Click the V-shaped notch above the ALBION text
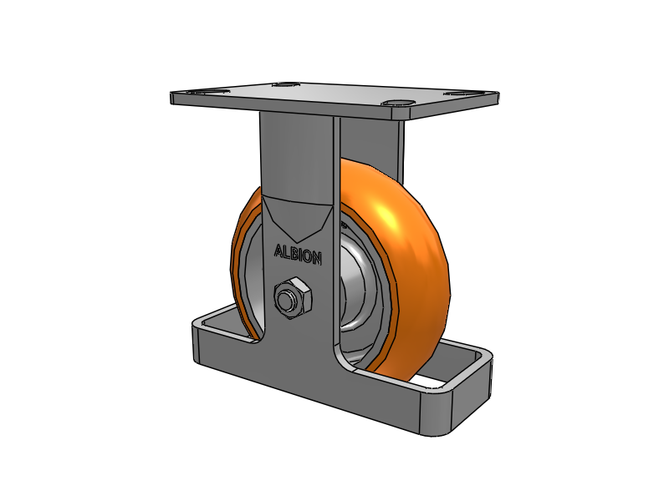(x=298, y=219)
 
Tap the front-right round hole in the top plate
(x=399, y=104)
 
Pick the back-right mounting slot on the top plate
(x=459, y=94)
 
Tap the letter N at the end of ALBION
(x=317, y=259)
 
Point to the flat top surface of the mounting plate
(x=334, y=96)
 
